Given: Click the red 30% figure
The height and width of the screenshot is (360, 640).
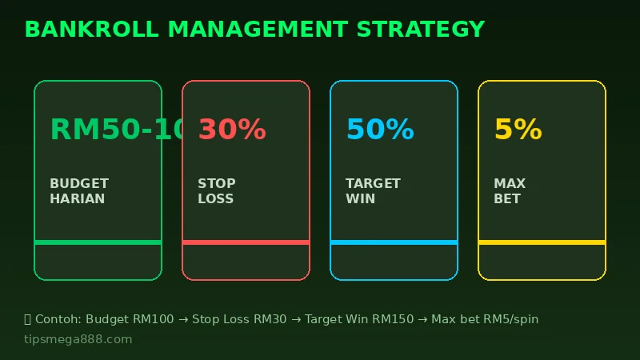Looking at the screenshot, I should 232,130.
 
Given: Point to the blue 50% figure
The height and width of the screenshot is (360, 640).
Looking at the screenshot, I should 380,130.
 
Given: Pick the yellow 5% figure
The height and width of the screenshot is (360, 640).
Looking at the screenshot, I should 518,130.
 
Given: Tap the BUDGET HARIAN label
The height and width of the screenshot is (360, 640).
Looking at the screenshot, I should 78,191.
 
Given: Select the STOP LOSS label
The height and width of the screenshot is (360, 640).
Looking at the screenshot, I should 216,191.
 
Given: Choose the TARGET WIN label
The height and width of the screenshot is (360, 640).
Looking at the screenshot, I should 373,191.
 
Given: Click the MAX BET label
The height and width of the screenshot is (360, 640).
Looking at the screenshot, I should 508,191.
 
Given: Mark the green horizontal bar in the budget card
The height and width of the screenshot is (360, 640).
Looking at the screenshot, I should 98,242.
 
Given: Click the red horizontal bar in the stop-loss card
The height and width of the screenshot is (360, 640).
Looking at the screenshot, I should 246,242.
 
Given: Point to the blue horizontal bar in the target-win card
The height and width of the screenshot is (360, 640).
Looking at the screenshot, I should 394,242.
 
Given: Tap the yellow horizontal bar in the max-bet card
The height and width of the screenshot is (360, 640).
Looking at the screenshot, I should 542,242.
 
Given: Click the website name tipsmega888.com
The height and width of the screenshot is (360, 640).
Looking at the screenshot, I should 78,339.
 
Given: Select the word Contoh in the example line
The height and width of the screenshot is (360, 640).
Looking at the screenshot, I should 57,319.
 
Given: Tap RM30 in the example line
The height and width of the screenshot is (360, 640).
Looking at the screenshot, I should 270,319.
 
